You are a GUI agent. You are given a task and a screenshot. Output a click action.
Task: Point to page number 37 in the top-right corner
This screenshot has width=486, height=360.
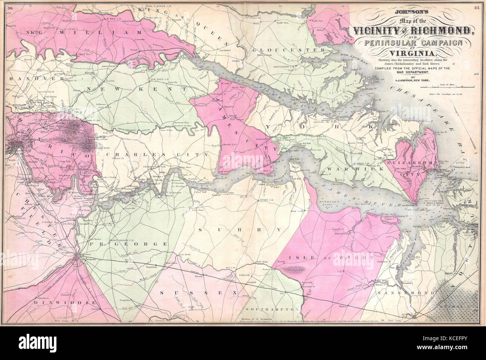pyautogui.click(x=476, y=7)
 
